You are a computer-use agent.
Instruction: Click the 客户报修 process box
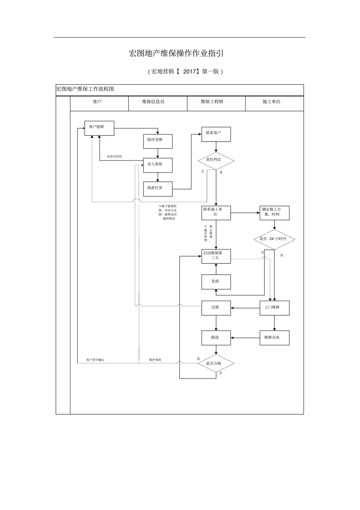(99, 128)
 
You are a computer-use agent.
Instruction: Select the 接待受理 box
(158, 141)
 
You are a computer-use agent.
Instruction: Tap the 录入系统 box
(158, 165)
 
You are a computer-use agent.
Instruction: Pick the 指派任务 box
(158, 188)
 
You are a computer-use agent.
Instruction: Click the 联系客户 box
(216, 134)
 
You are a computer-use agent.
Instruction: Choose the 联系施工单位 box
(216, 213)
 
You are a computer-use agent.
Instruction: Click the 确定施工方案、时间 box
(275, 213)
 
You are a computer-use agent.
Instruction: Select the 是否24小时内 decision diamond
(274, 239)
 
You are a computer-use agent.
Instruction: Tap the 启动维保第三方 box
(216, 256)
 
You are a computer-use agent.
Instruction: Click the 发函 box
(216, 282)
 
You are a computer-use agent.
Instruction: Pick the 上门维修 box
(275, 308)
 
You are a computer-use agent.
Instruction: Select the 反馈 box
(216, 308)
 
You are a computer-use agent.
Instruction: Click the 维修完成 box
(275, 337)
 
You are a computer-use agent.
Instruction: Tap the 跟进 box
(216, 337)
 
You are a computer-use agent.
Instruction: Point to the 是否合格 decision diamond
(216, 364)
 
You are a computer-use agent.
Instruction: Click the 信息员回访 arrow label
(114, 157)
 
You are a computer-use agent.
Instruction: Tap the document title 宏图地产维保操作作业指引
(176, 53)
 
